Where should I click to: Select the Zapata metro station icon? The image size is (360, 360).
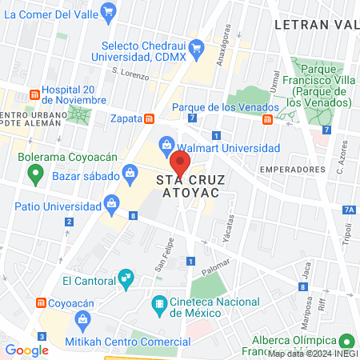[149, 118]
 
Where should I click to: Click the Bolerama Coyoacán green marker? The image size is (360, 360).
[24, 156]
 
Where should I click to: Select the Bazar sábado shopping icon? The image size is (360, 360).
[130, 173]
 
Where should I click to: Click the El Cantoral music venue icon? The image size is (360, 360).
[125, 278]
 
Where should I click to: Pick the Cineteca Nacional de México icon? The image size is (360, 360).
[158, 305]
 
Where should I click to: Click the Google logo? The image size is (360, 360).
[27, 350]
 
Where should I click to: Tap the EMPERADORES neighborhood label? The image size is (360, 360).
[293, 170]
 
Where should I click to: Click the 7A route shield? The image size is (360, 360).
[348, 210]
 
